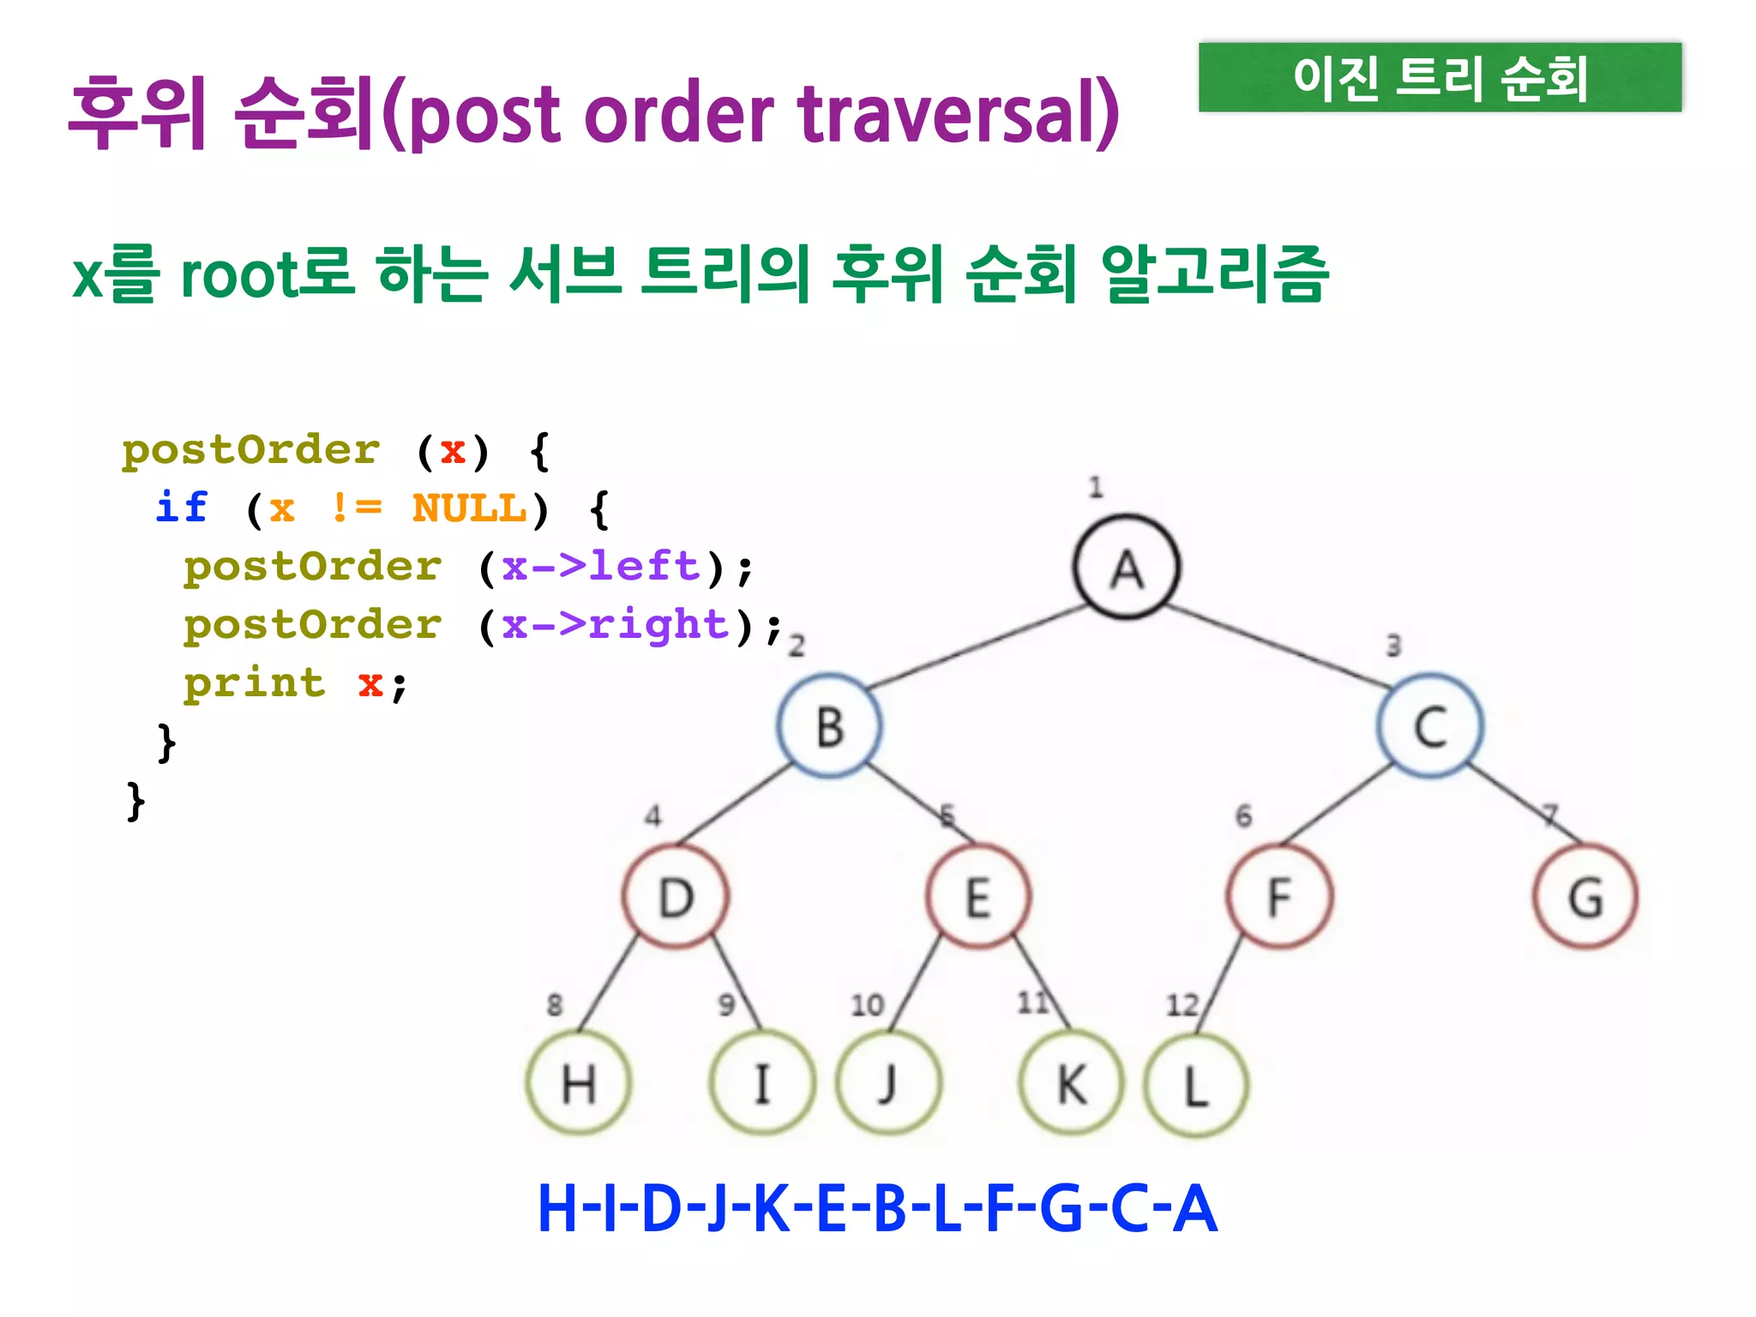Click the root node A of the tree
pyautogui.click(x=1127, y=568)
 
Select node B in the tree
pyautogui.click(x=829, y=726)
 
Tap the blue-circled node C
pyautogui.click(x=1430, y=726)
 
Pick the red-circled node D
pyautogui.click(x=676, y=897)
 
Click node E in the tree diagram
pyautogui.click(x=978, y=897)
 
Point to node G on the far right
pyautogui.click(x=1585, y=897)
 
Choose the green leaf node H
pyautogui.click(x=579, y=1084)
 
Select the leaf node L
pyautogui.click(x=1196, y=1085)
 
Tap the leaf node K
pyautogui.click(x=1071, y=1084)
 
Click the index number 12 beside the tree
pyautogui.click(x=1182, y=1004)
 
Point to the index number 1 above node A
pyautogui.click(x=1095, y=487)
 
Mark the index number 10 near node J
pyautogui.click(x=867, y=1005)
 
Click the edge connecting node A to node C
pyautogui.click(x=1278, y=646)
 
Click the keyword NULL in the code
pyautogui.click(x=469, y=508)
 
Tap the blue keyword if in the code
pyautogui.click(x=182, y=508)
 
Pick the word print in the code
pyautogui.click(x=255, y=683)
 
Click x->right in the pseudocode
pyautogui.click(x=615, y=625)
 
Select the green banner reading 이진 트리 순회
pyautogui.click(x=1440, y=77)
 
